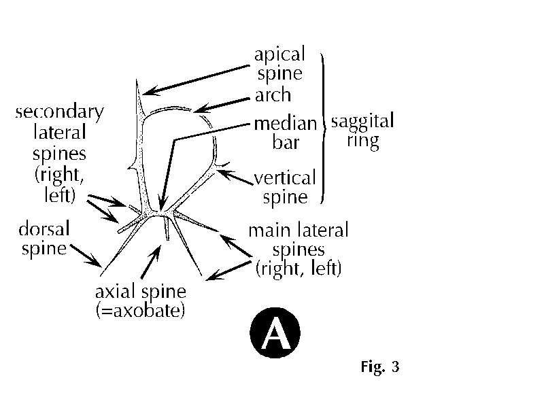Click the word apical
279,55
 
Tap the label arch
273,95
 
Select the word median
286,124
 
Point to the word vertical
285,177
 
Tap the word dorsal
44,228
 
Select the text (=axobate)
140,310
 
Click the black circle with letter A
275,333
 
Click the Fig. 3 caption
380,367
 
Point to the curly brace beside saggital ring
324,128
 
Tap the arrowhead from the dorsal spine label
94,260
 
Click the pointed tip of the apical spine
137,80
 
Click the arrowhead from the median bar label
162,203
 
